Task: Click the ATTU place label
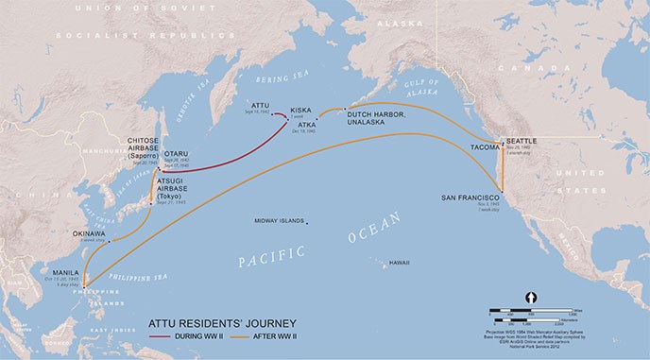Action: [262, 106]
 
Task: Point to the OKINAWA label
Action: [90, 232]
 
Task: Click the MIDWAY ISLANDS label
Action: [280, 221]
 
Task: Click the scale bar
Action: [529, 311]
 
